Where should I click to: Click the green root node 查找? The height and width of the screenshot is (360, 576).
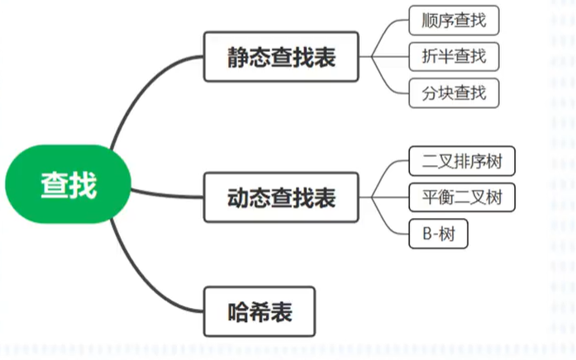tap(69, 186)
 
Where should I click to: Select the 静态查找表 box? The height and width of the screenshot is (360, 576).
tap(282, 57)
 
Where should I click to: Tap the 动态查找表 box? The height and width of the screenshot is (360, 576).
tap(282, 197)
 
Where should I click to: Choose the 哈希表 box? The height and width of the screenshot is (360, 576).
tap(259, 312)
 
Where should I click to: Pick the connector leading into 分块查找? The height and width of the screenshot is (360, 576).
tap(388, 83)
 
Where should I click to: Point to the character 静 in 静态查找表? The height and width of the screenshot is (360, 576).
tap(240, 57)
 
